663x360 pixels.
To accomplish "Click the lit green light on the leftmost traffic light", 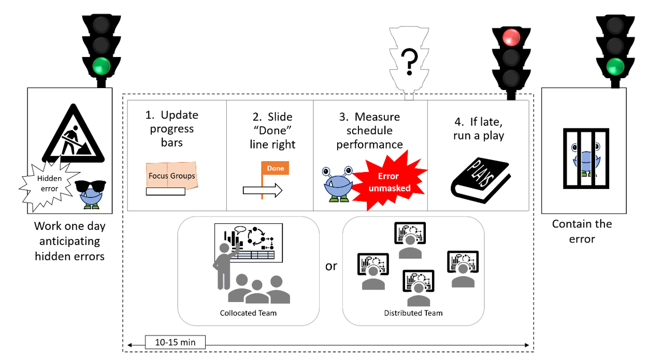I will coord(101,66).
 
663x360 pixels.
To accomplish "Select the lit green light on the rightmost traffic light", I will coord(615,66).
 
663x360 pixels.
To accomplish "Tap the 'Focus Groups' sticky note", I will coord(171,176).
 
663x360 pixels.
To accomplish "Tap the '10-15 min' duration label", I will coord(175,342).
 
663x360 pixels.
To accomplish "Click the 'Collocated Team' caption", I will coord(248,313).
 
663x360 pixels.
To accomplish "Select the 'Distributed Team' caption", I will coord(413,313).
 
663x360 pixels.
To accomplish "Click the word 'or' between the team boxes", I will coord(330,266).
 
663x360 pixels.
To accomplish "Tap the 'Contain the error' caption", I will coord(582,231).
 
